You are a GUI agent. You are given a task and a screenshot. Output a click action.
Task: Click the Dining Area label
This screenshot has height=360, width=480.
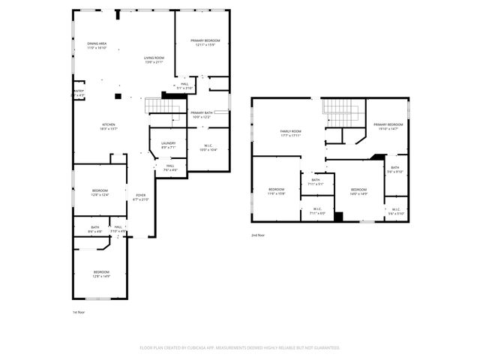click(x=97, y=44)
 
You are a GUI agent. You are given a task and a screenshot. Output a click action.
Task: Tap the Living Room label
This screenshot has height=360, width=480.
click(x=154, y=58)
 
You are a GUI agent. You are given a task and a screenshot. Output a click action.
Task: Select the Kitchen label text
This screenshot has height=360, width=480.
click(x=109, y=124)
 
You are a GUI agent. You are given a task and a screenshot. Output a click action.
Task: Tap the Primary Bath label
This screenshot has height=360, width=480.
click(x=202, y=112)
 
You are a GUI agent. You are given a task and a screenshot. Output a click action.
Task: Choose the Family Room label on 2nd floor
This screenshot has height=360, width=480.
click(x=290, y=131)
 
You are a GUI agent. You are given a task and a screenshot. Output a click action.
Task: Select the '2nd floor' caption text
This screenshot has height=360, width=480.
click(x=258, y=235)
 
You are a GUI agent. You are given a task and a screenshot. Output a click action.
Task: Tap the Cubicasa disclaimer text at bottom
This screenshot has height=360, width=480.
click(x=240, y=347)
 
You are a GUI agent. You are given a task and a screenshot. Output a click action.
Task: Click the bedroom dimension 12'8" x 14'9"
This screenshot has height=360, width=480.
click(x=101, y=276)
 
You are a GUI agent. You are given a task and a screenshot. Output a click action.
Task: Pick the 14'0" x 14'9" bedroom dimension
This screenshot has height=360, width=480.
click(x=358, y=193)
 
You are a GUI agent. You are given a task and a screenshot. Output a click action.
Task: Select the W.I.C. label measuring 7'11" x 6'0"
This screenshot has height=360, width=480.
click(x=316, y=211)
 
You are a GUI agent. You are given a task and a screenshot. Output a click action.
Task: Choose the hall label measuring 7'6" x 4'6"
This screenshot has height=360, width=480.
click(x=170, y=167)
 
